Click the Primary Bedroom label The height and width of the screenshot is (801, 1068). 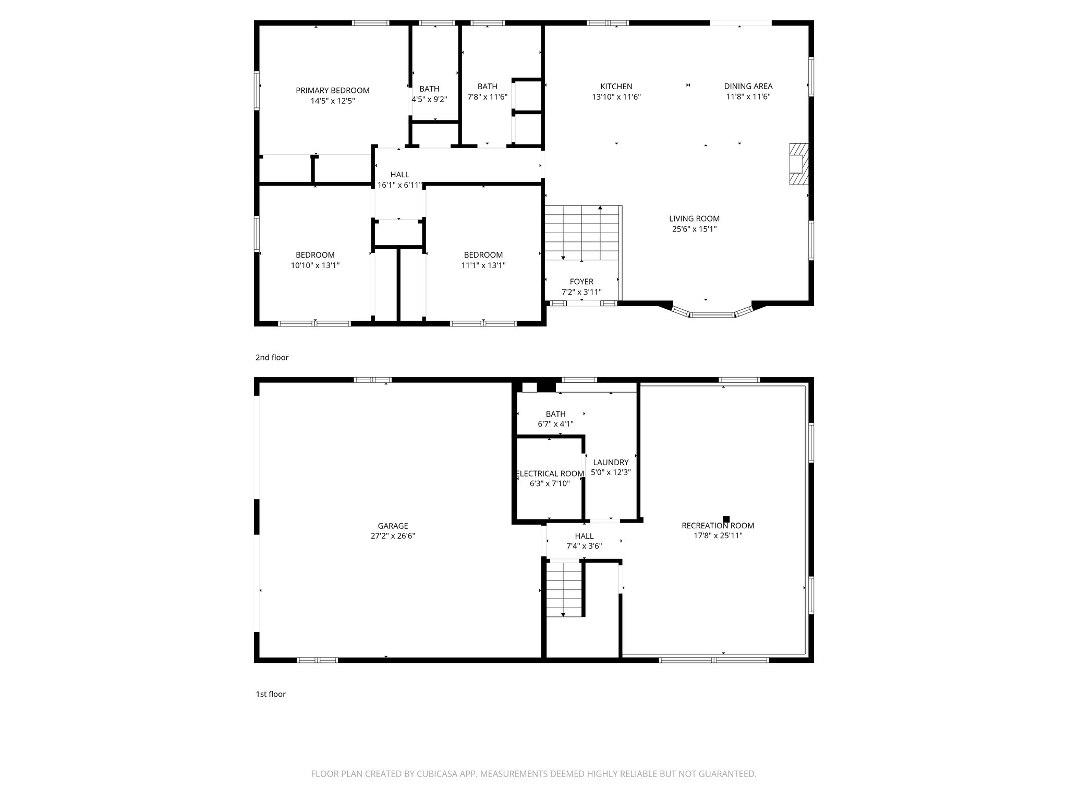pyautogui.click(x=332, y=90)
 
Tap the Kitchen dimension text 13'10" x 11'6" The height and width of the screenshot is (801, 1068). pyautogui.click(x=616, y=97)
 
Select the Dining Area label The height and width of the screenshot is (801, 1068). pyautogui.click(x=748, y=86)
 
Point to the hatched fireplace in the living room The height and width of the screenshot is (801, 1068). pyautogui.click(x=798, y=164)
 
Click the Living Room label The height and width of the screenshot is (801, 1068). pyautogui.click(x=694, y=219)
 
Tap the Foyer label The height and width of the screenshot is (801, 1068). pyautogui.click(x=581, y=282)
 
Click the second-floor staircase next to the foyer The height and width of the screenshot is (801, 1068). pyautogui.click(x=582, y=233)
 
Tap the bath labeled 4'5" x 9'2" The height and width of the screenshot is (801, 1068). pyautogui.click(x=429, y=94)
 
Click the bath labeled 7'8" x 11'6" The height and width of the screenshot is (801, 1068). pyautogui.click(x=487, y=91)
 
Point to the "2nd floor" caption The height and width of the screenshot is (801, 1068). pyautogui.click(x=272, y=357)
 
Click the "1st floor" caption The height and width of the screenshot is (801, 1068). pyautogui.click(x=270, y=694)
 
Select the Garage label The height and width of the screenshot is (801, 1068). pyautogui.click(x=393, y=526)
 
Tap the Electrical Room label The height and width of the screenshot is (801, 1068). pyautogui.click(x=550, y=474)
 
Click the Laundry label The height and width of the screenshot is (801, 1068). pyautogui.click(x=611, y=462)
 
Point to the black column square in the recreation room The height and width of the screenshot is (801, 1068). pyautogui.click(x=726, y=519)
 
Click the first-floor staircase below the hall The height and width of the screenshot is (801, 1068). pyautogui.click(x=564, y=589)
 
